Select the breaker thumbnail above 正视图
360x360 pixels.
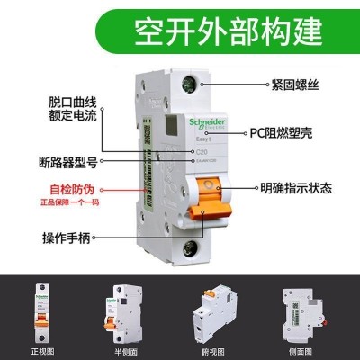tap(41, 310)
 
